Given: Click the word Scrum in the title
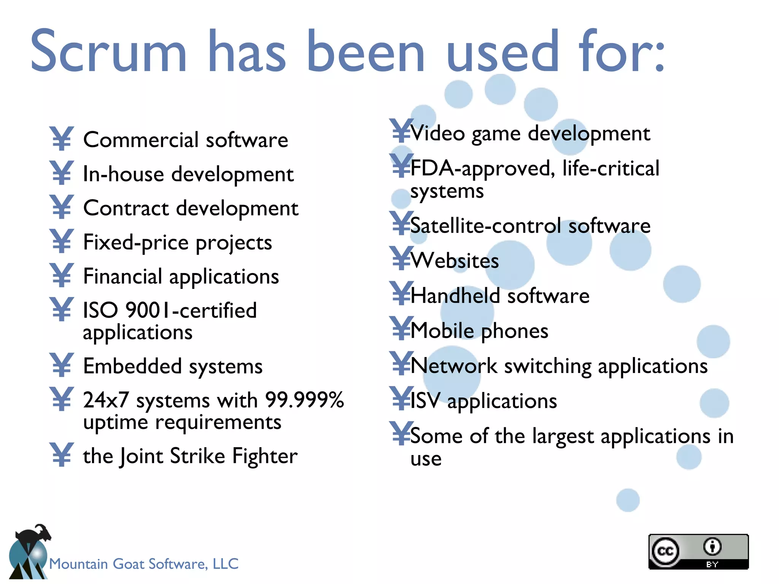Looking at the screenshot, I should point(108,51).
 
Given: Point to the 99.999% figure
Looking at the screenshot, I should point(304,400).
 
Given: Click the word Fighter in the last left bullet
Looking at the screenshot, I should point(265,456).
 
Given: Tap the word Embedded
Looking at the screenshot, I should point(132,366).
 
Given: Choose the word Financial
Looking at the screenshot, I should point(122,276).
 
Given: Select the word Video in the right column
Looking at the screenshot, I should point(437,133).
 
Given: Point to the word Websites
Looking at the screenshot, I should point(455,261).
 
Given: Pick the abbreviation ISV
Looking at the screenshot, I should point(425,401).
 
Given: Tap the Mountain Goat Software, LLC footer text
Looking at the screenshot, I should point(144,563).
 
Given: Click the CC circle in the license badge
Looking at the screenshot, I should point(665,551).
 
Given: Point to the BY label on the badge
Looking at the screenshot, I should point(712,564).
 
